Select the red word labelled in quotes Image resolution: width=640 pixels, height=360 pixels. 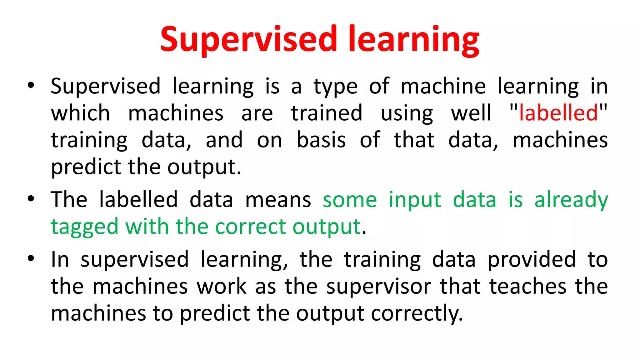(x=558, y=113)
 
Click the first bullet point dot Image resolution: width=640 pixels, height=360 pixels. (x=31, y=85)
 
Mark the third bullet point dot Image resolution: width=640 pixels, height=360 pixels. (x=31, y=259)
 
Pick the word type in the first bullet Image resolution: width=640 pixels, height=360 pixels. (x=335, y=87)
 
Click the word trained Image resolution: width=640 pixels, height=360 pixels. (x=327, y=113)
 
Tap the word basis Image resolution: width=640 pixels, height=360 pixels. (x=321, y=140)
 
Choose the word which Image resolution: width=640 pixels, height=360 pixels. (x=80, y=113)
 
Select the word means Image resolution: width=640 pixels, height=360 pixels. (x=278, y=200)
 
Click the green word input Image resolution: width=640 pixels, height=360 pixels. (x=415, y=200)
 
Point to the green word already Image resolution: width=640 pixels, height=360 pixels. (x=571, y=200)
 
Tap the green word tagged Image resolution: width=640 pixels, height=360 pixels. (x=85, y=227)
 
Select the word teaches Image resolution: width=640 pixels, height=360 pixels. (x=528, y=286)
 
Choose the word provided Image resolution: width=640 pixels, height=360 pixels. (x=532, y=259)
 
